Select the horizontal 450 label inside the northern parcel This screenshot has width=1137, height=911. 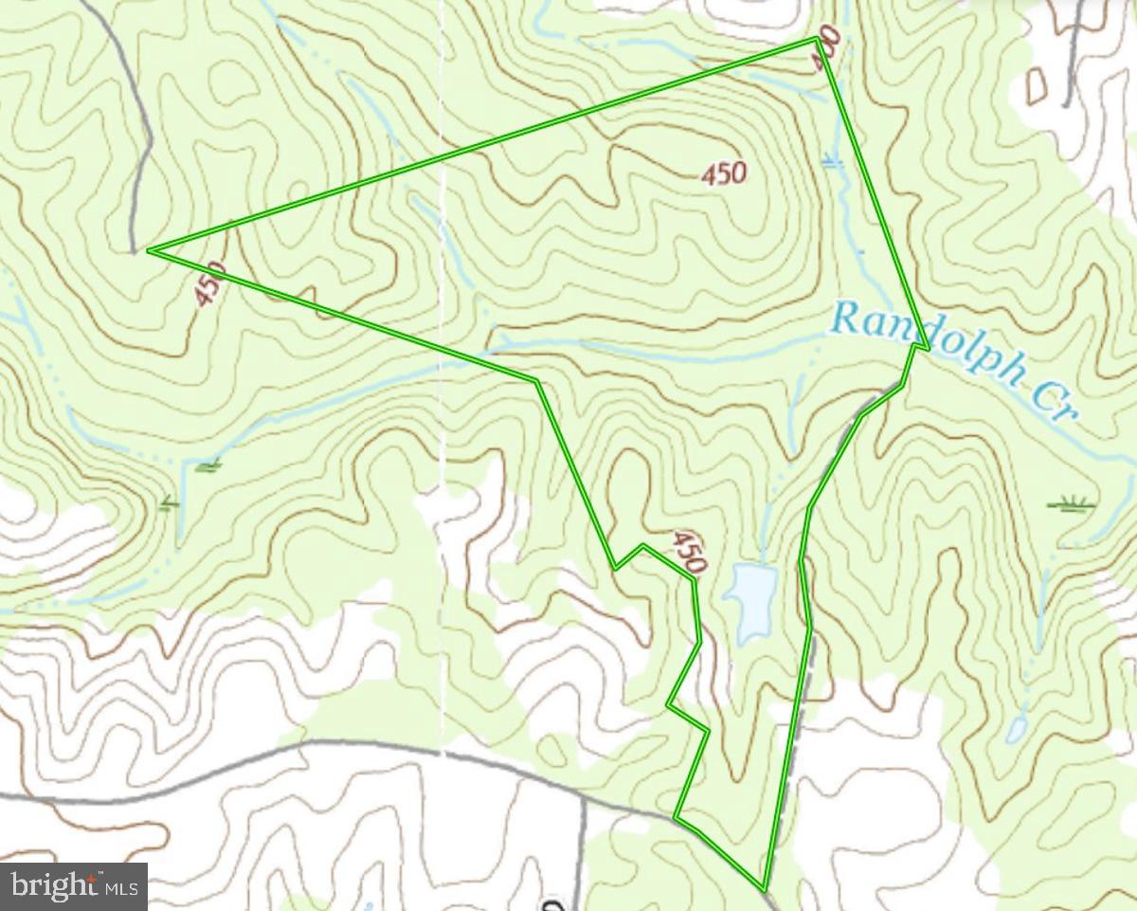click(725, 173)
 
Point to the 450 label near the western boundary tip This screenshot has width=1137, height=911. click(210, 283)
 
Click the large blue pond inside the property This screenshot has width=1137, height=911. click(751, 601)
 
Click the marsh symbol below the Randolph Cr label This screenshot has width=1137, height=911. click(1072, 502)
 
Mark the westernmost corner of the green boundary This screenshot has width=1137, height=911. click(150, 250)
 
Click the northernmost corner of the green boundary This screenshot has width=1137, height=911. click(818, 39)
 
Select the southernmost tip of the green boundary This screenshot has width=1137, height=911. click(763, 888)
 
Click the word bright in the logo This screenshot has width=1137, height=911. click(52, 886)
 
